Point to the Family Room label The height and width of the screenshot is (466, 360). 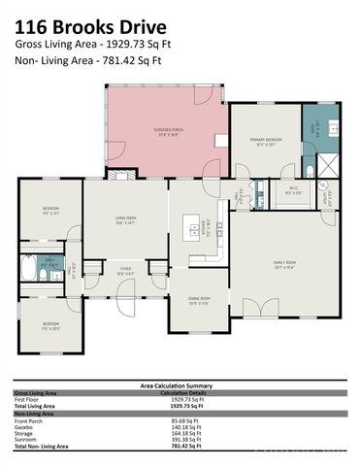284,264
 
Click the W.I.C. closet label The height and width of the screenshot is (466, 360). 292,191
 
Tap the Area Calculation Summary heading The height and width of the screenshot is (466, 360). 180,384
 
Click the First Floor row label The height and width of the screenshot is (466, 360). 26,398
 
